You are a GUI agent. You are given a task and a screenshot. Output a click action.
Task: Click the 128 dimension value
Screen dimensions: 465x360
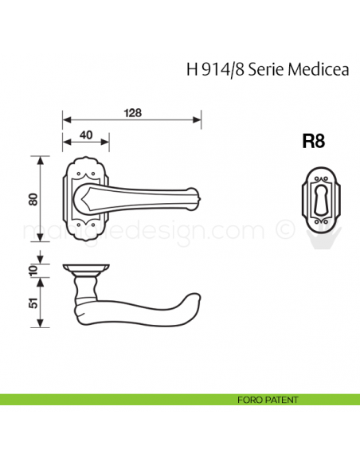click(x=133, y=112)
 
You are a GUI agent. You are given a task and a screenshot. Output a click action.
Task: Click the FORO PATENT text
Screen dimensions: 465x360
click(x=268, y=399)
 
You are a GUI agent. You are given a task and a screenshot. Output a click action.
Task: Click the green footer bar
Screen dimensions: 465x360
click(x=119, y=399)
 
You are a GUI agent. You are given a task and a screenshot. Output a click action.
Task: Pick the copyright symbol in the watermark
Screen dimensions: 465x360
click(x=283, y=230)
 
